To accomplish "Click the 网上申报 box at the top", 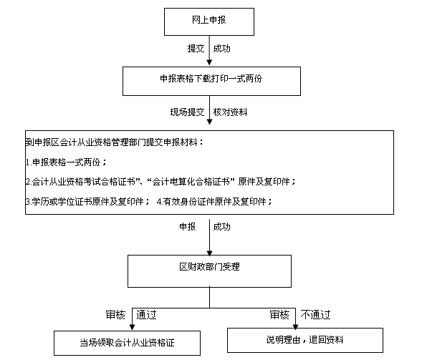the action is [x=209, y=21].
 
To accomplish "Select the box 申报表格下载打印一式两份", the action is [x=211, y=81].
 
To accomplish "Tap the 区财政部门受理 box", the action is [x=209, y=271].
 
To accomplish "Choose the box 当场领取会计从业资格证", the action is [x=127, y=343].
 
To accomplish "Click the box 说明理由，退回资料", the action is [x=305, y=340].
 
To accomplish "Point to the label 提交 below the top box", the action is [x=196, y=49].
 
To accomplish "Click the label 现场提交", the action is [x=187, y=112].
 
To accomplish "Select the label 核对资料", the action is [x=230, y=112].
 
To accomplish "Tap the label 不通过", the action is [x=315, y=315].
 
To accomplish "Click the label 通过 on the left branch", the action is [x=146, y=315].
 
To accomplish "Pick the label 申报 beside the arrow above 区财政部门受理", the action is [x=187, y=227].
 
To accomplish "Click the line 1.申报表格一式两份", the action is [x=66, y=162].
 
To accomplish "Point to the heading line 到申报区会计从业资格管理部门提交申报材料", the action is [x=114, y=142].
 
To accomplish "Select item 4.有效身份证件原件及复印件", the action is [x=214, y=201].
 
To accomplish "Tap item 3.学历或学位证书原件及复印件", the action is [x=87, y=201].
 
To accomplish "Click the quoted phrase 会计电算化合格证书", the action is [x=191, y=182].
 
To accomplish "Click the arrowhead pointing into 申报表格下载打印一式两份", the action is [x=209, y=62].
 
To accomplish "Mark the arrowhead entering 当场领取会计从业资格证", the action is [x=132, y=327].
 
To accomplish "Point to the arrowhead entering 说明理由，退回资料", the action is [x=295, y=326].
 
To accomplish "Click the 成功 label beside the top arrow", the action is [x=222, y=49].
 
